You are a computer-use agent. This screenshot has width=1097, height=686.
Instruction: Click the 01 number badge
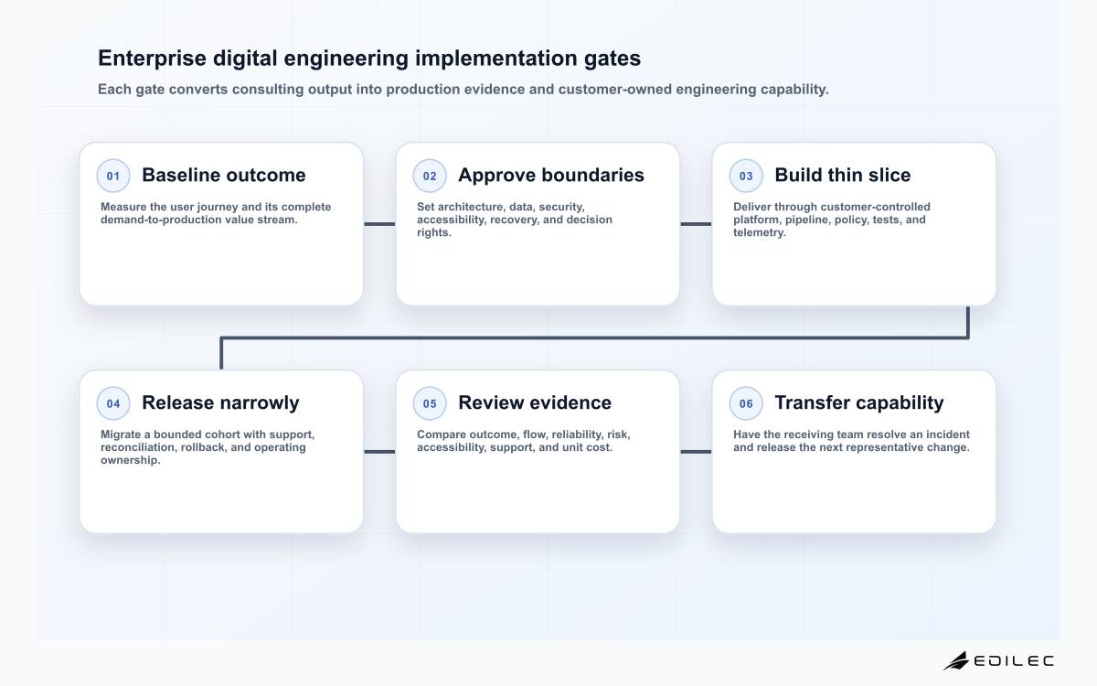point(113,176)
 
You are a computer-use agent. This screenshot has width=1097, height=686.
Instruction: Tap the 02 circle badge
point(430,176)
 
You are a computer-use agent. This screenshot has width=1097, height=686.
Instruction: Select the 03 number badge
point(746,176)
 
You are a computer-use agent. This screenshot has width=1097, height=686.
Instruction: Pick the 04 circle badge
point(113,403)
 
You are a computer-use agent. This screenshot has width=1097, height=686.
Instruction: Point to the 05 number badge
point(430,403)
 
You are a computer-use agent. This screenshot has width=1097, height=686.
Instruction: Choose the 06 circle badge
point(746,403)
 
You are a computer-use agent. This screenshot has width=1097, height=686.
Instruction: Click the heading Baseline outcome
point(224,175)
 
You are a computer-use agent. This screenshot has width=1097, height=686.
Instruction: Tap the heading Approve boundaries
point(551,175)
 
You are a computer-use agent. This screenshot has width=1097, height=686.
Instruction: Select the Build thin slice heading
point(842,175)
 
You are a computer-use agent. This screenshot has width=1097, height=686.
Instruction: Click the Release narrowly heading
point(220,402)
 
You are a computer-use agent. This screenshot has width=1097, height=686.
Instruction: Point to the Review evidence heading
point(535,402)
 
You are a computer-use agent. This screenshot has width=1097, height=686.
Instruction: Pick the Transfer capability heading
point(859,402)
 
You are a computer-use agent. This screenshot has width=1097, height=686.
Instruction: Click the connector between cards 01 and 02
point(379,224)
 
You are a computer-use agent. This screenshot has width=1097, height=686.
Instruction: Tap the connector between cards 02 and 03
point(696,224)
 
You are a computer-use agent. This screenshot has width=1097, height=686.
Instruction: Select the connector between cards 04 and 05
point(379,452)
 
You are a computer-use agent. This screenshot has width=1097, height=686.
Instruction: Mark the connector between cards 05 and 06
point(696,452)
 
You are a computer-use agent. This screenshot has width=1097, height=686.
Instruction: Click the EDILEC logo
point(999,660)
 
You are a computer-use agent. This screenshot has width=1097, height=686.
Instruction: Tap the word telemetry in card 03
point(759,232)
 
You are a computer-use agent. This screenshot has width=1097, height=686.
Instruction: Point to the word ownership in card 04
point(130,460)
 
